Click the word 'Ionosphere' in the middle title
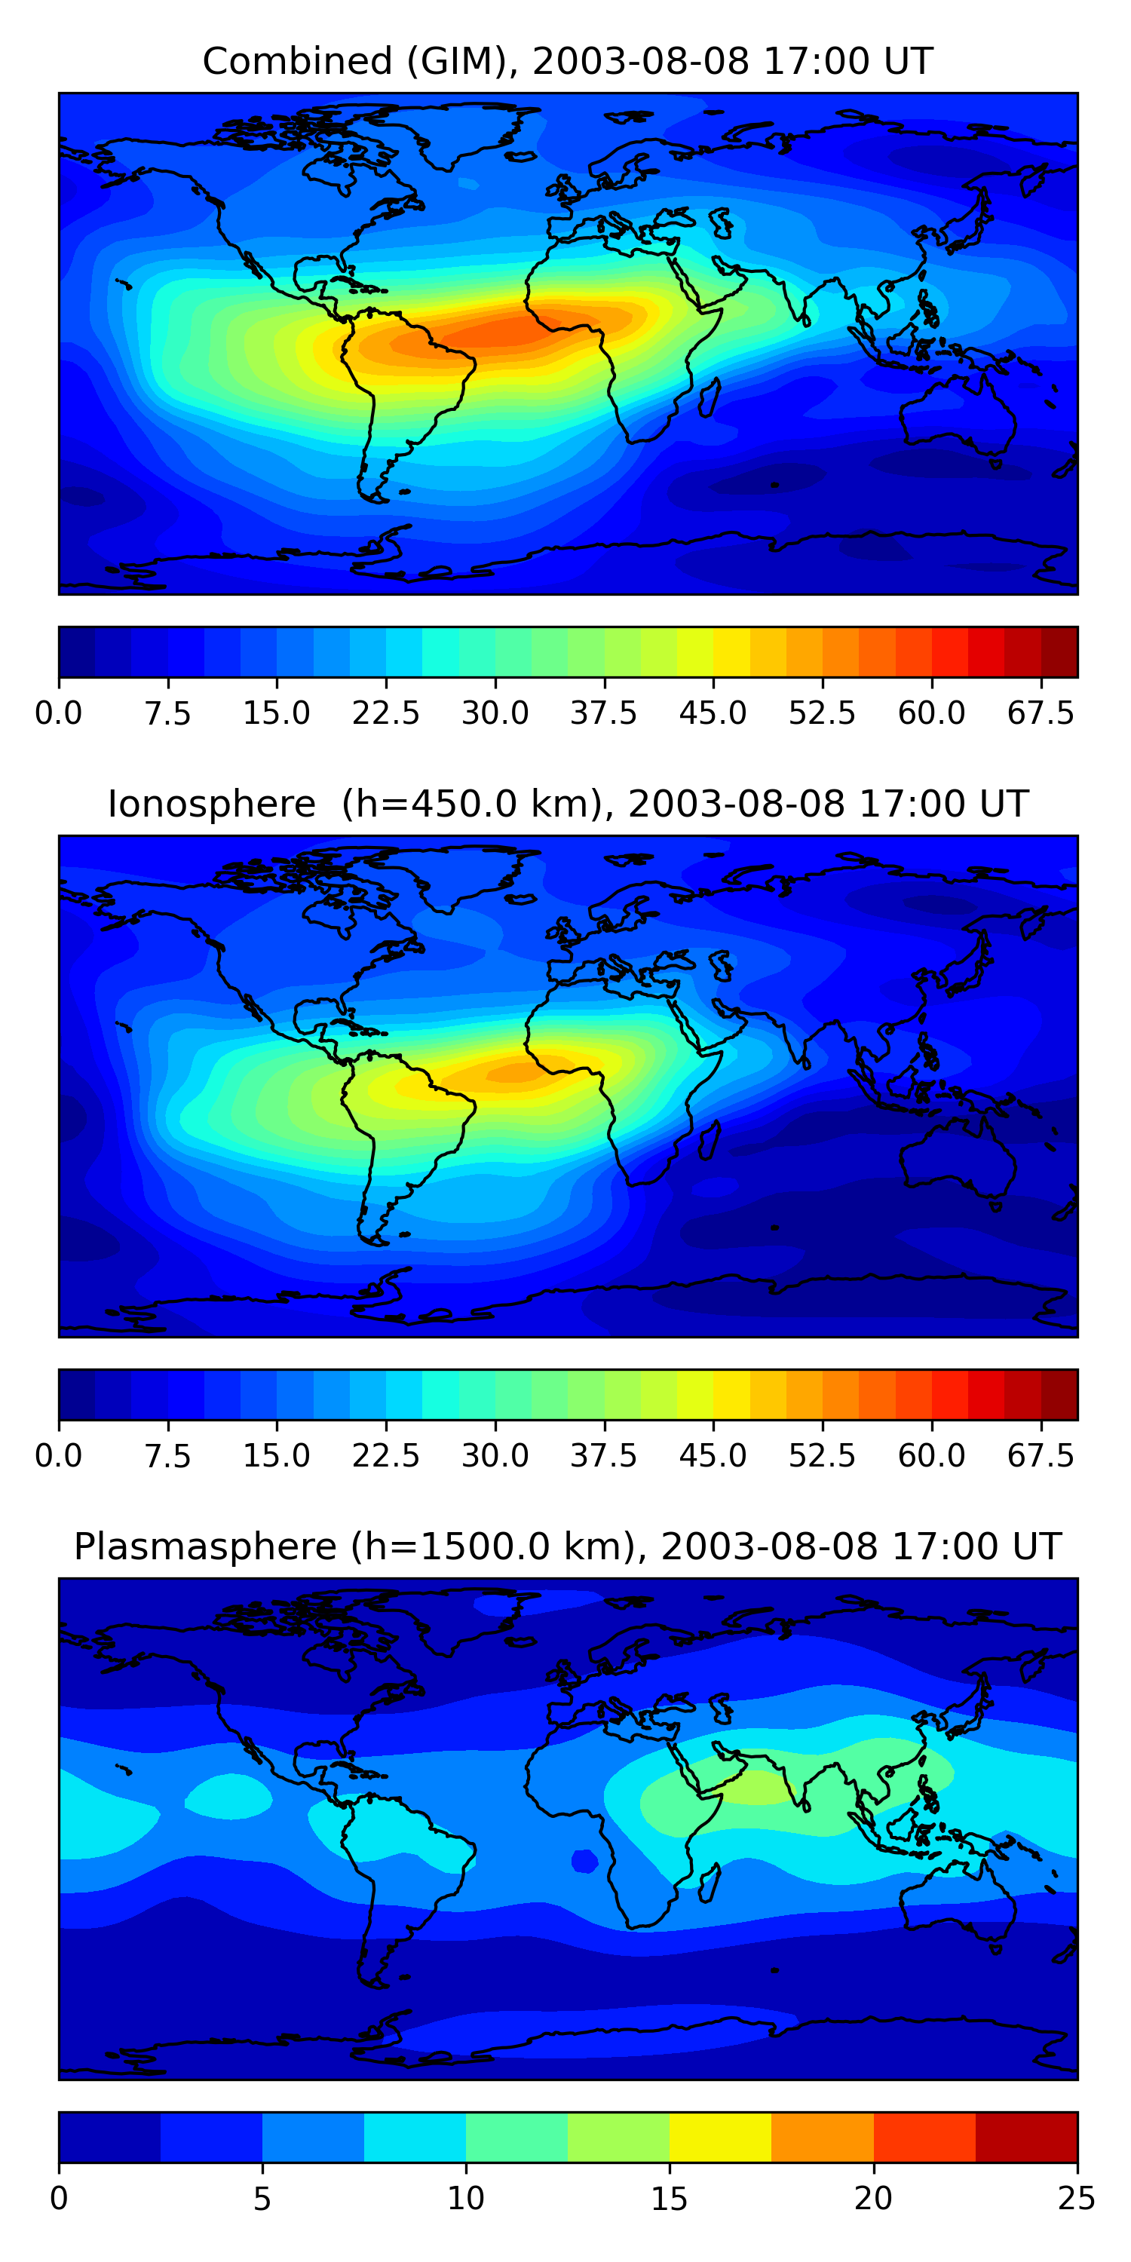211,805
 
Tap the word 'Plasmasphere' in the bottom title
204,1546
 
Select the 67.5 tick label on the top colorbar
1041,713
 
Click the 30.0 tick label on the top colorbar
495,713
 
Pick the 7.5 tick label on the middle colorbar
167,1456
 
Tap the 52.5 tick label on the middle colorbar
822,1456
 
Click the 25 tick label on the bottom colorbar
1077,2198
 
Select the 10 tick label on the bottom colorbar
465,2198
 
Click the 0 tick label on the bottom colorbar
59,2198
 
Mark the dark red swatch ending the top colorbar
1059,652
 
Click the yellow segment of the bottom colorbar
720,2136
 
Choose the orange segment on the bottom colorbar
822,2136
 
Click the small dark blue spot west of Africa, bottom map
585,1861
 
